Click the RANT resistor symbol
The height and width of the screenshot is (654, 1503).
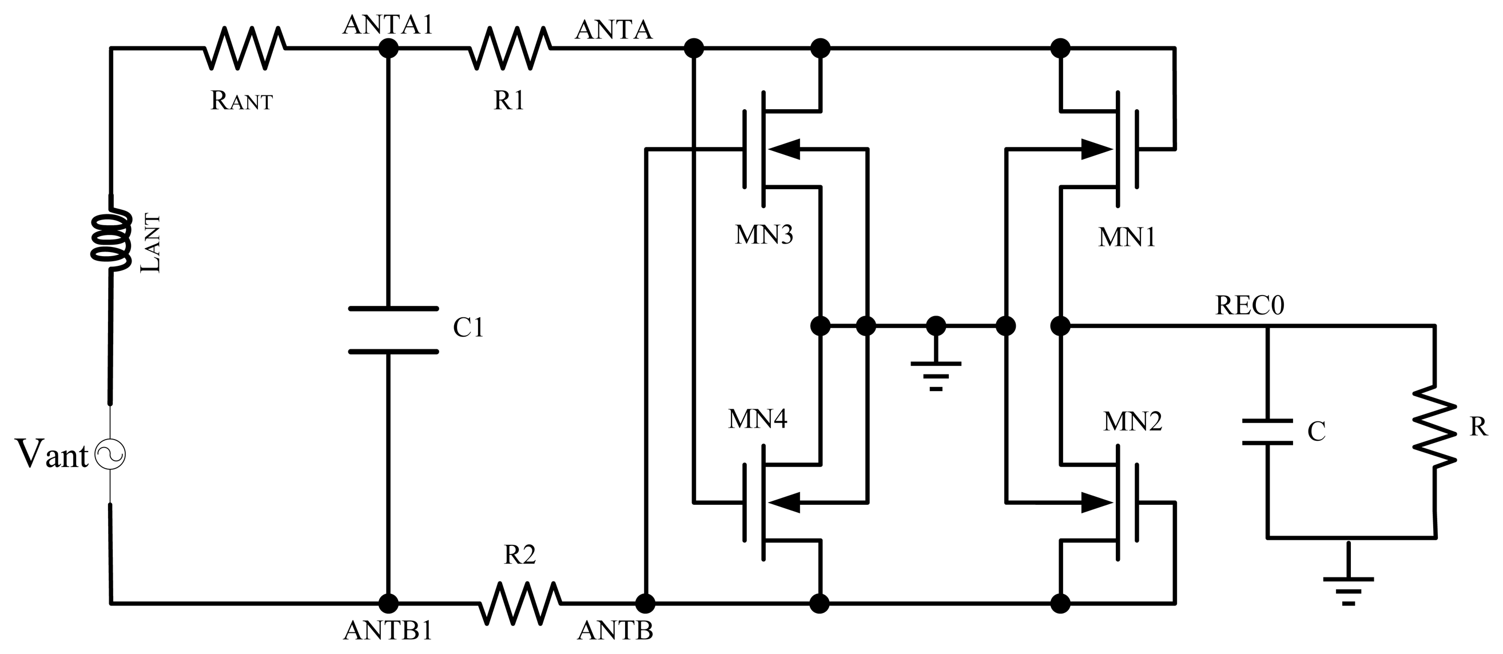(244, 49)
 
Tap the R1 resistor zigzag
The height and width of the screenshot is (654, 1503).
(510, 49)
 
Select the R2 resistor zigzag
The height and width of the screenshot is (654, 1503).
(519, 603)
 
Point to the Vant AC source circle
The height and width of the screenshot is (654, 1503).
(110, 455)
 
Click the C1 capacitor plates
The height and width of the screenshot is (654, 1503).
(393, 330)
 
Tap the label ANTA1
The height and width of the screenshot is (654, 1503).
(388, 25)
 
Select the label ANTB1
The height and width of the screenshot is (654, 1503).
(388, 631)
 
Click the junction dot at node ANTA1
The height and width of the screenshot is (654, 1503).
(388, 49)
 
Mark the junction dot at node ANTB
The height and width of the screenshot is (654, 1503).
(645, 603)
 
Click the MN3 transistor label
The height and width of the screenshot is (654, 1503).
(763, 235)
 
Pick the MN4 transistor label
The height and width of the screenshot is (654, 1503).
(757, 419)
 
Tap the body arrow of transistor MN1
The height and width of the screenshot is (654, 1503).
(1096, 149)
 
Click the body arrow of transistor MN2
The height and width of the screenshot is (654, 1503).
(1096, 503)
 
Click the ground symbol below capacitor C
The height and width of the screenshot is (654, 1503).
(1348, 587)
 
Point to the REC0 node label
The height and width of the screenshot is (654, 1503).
(1249, 306)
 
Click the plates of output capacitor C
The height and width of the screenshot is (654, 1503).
(1267, 432)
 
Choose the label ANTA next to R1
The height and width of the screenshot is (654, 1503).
(613, 30)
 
